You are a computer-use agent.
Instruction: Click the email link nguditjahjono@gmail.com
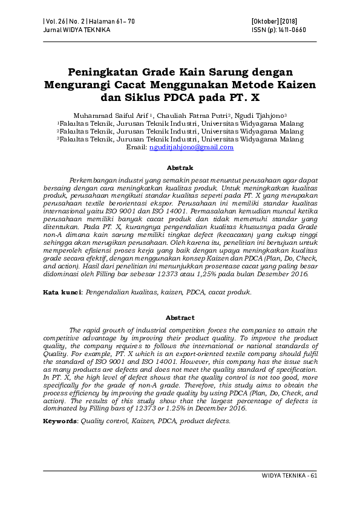coord(191,147)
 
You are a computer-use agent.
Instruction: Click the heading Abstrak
coord(180,167)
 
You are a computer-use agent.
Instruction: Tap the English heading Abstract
coord(180,317)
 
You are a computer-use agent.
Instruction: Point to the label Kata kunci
coord(61,292)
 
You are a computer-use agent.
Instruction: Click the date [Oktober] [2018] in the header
coord(272,21)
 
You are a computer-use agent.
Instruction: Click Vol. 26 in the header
coord(56,21)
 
